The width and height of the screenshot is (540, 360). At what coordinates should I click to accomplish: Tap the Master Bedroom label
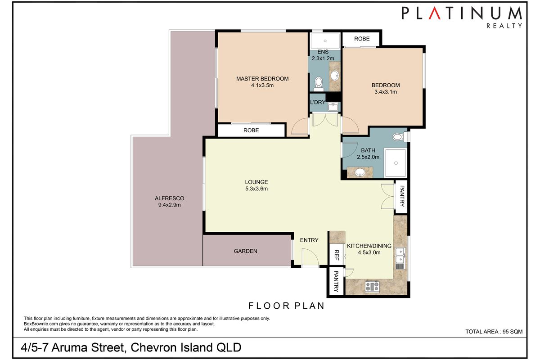coord(262,79)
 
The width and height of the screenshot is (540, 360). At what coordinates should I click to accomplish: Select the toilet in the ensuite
coord(319,82)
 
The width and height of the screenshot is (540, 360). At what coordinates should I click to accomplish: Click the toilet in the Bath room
coord(398,136)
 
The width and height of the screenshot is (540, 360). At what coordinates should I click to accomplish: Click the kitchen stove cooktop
coord(372,286)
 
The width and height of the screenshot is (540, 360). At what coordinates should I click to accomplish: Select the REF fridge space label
coord(336,256)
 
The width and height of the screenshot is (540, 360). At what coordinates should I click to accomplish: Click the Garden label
coord(245,251)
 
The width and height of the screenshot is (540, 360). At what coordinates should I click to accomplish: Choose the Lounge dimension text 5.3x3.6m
coord(256,189)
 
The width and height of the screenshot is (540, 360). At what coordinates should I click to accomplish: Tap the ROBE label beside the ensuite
coord(361,39)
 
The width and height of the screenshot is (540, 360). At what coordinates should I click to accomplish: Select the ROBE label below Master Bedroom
coord(251,130)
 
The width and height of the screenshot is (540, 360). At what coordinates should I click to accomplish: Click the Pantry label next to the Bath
coord(402,196)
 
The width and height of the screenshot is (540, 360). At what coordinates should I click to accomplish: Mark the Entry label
coord(309,240)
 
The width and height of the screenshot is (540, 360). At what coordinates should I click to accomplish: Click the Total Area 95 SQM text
coord(494,332)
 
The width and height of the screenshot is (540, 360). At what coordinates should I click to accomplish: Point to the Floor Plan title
coord(286,306)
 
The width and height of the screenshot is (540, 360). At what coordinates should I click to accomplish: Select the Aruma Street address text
coord(131,348)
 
